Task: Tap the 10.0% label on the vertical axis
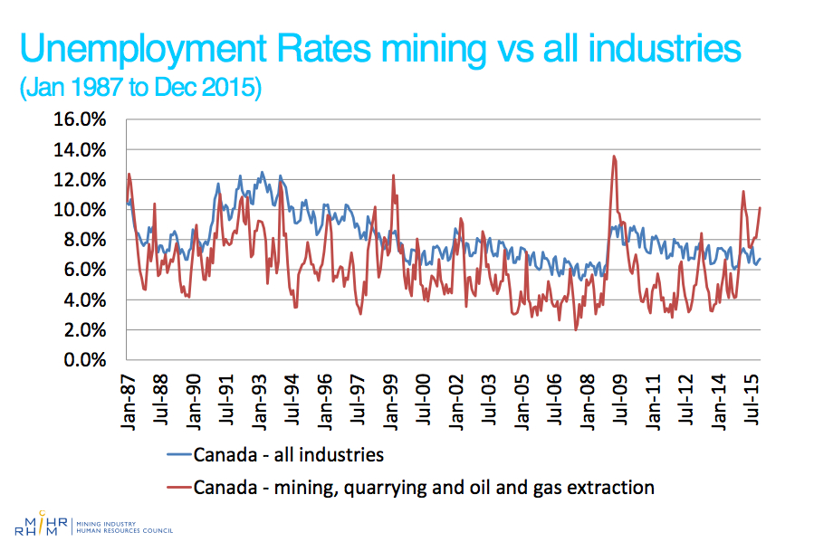pyautogui.click(x=83, y=210)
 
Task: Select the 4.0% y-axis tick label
pyautogui.click(x=88, y=300)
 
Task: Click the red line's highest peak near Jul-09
pyautogui.click(x=614, y=156)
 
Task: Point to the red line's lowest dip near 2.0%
pyautogui.click(x=576, y=330)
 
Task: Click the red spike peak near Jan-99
pyautogui.click(x=393, y=176)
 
